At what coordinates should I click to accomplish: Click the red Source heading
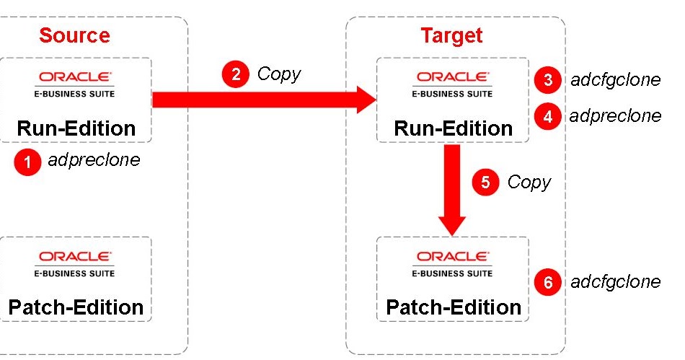(74, 35)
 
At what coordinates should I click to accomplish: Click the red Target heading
(451, 35)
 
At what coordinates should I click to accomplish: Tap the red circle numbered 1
(28, 163)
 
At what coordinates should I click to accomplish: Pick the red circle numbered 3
(548, 80)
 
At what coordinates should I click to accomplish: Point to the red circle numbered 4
(548, 117)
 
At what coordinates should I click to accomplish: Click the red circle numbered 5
(485, 183)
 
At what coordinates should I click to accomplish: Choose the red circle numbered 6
(548, 283)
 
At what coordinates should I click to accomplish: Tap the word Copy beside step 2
(278, 74)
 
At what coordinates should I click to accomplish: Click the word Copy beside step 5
(529, 183)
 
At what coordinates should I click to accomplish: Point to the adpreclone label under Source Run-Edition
(94, 160)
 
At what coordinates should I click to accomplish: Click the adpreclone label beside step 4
(614, 116)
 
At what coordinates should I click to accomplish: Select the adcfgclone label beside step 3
(615, 79)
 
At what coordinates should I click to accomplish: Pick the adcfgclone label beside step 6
(615, 281)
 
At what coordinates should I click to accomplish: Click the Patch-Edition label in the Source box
(76, 307)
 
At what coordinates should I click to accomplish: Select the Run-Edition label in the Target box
(453, 128)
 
